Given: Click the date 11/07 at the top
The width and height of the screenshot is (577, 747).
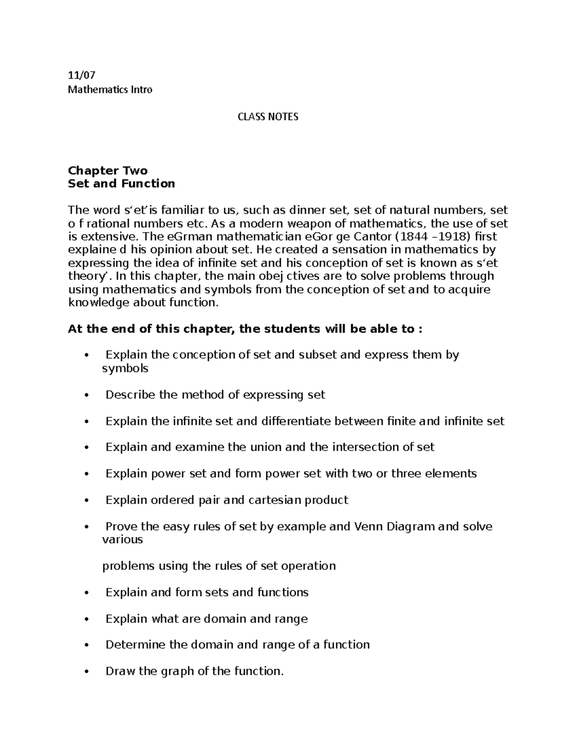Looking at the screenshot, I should [82, 75].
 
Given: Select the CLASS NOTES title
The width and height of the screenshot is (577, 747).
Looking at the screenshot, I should [268, 116].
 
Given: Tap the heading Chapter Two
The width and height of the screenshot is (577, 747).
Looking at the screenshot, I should [108, 170].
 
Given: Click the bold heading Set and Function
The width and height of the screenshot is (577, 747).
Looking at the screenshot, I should [121, 183].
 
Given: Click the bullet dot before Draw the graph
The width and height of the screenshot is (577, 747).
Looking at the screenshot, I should [87, 671].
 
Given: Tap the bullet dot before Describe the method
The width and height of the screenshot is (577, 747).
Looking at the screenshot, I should [87, 395].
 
